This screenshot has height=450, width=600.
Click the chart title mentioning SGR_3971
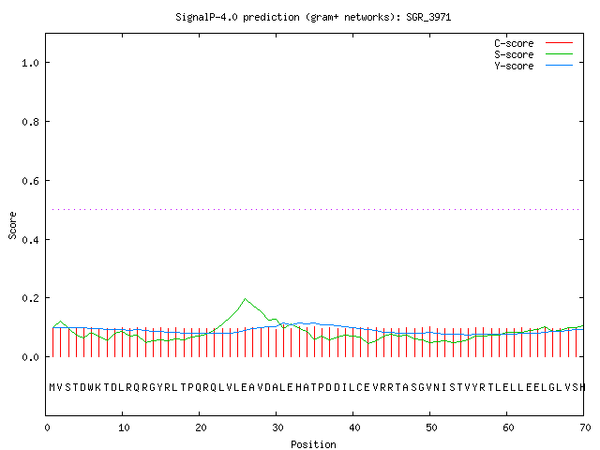click(x=313, y=17)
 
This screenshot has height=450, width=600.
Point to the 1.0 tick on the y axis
click(x=31, y=63)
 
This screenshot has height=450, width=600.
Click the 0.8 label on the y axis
click(x=31, y=122)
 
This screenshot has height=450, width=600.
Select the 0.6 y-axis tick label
click(x=31, y=181)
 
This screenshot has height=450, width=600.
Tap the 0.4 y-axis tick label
click(x=31, y=240)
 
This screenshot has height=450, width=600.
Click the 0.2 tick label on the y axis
click(x=31, y=298)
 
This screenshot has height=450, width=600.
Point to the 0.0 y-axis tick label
click(x=31, y=357)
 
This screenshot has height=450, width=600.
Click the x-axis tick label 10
click(x=124, y=427)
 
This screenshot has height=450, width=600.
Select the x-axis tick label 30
click(x=277, y=427)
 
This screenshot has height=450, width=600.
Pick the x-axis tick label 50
click(x=431, y=427)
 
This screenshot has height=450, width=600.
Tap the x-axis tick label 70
click(x=585, y=427)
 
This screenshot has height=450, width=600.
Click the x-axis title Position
click(x=313, y=444)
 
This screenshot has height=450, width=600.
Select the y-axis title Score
click(x=12, y=225)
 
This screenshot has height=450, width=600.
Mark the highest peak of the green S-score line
click(x=245, y=299)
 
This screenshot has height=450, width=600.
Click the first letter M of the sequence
click(x=52, y=387)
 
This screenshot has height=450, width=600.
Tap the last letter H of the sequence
click(x=582, y=387)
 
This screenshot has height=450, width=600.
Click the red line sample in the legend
click(x=559, y=43)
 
